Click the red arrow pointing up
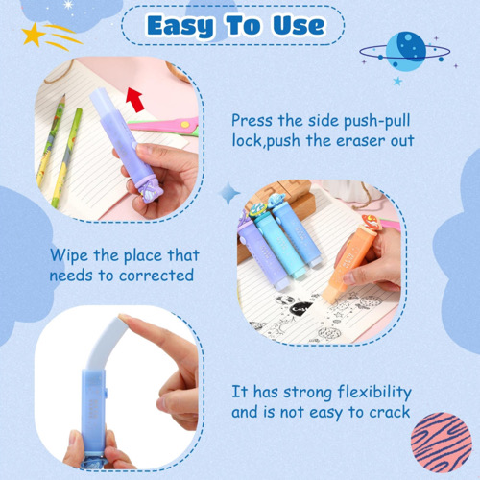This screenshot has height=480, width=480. click(135, 100)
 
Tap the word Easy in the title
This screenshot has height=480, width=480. click(180, 27)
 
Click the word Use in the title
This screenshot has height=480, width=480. click(299, 25)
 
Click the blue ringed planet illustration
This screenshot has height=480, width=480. click(405, 51)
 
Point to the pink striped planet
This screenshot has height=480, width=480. click(442, 443)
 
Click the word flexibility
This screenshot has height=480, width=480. click(374, 392)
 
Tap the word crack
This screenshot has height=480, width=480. click(390, 412)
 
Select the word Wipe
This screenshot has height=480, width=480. click(69, 255)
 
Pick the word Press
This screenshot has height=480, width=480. click(252, 121)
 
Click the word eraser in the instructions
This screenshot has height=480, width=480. click(361, 141)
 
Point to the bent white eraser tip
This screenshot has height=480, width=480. click(106, 342)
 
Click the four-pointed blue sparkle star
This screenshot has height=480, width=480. click(229, 193)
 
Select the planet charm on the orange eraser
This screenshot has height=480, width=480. click(371, 223)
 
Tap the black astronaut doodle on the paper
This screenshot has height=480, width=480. click(300, 307)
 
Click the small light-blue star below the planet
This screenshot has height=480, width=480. click(397, 81)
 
